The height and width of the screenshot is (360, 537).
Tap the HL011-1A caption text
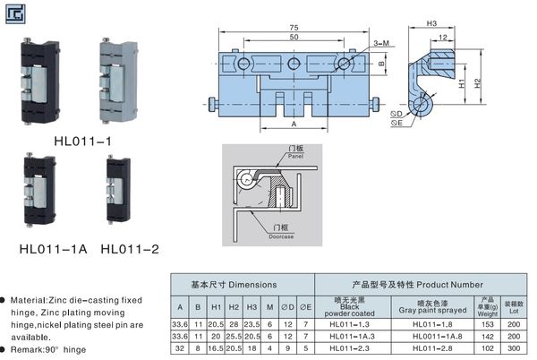[x=53, y=248]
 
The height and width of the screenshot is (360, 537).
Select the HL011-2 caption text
[x=130, y=248]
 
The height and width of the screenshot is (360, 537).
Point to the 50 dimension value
[x=294, y=38]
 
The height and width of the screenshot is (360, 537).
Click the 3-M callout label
[x=379, y=43]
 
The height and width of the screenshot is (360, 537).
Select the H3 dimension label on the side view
[x=431, y=23]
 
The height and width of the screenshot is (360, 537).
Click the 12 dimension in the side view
[x=444, y=37]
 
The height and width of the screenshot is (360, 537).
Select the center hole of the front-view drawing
[x=294, y=64]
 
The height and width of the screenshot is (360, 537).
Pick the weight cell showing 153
[x=487, y=322]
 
